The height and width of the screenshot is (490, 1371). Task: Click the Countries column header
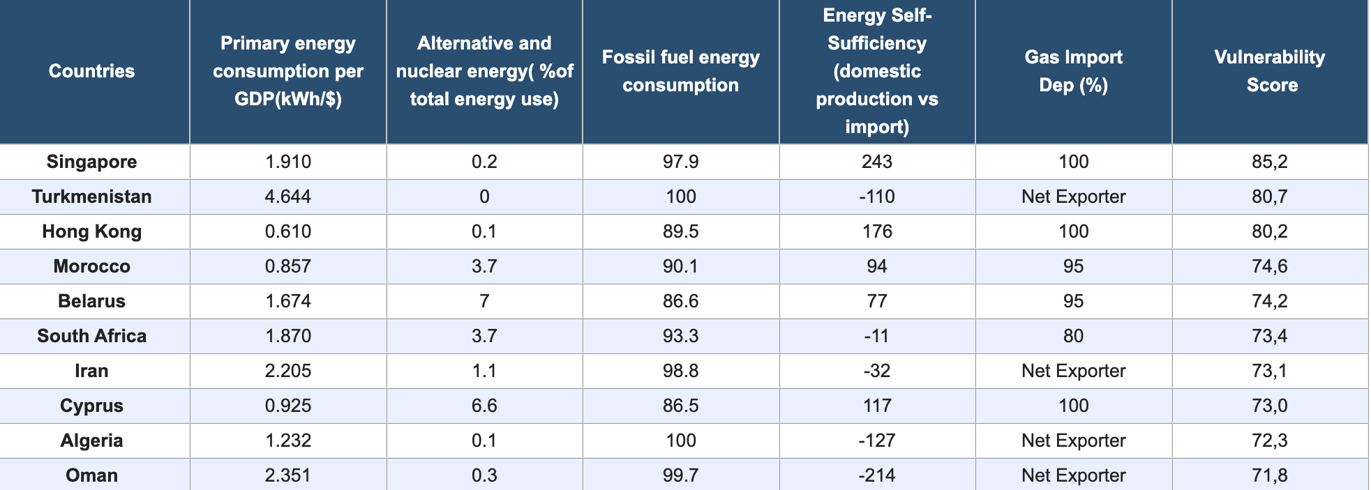91,71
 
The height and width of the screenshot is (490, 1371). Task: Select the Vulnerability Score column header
1270,71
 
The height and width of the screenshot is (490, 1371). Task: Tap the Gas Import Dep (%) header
1073,71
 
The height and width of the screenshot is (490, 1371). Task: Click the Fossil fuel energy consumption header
680,71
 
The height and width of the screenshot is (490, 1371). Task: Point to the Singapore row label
91,162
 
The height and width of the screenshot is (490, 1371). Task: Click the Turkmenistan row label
91,197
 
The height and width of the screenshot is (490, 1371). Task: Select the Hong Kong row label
91,231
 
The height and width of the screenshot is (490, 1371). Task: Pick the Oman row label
91,475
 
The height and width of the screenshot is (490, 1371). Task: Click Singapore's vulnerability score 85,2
1270,162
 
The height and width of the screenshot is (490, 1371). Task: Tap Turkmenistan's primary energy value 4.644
287,197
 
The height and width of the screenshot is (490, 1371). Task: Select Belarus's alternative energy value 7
484,301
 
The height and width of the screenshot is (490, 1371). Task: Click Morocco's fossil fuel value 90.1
680,266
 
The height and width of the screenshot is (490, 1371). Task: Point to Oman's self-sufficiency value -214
877,475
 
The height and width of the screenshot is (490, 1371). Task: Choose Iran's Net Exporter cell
1073,371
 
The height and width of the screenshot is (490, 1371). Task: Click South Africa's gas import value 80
1073,336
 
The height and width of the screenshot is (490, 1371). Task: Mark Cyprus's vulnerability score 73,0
1270,406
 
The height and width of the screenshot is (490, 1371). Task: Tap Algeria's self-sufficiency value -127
877,441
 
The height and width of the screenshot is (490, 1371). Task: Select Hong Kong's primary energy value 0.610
287,231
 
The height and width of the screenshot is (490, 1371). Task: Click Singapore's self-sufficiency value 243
877,162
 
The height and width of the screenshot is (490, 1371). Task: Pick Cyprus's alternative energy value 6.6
484,406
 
